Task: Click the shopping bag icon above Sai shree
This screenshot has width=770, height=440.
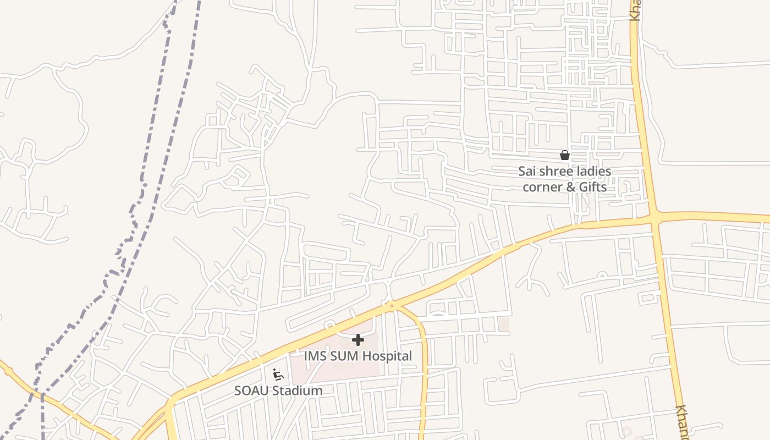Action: coord(564,155)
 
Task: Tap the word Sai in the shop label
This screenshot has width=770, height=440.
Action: coord(527,172)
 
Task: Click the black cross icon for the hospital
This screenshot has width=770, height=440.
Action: coord(358,340)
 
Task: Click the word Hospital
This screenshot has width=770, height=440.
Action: coord(385,356)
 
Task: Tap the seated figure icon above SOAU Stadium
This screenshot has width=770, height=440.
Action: coord(278,375)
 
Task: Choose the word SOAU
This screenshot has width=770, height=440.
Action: coord(252,391)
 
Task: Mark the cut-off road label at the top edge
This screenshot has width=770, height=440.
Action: coord(635,10)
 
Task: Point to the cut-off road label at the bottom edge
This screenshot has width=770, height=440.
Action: coord(683,422)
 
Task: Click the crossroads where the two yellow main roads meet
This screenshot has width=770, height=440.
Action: coord(654,218)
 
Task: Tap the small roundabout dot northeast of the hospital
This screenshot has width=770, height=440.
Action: coord(392,305)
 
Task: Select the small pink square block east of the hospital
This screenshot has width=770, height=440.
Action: coord(503,324)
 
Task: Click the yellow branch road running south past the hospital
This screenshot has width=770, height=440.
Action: coord(424,363)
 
